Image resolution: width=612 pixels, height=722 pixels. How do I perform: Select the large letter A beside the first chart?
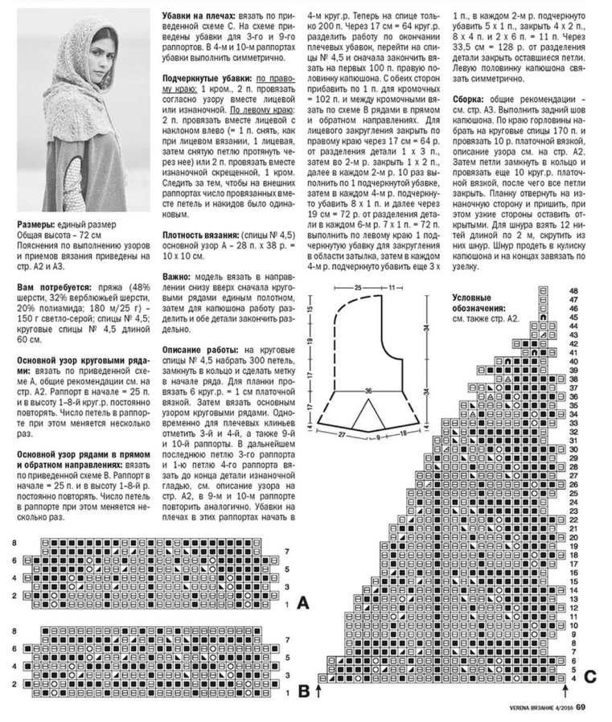(x=302, y=602)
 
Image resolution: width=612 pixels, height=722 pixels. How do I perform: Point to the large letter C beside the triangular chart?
(x=589, y=676)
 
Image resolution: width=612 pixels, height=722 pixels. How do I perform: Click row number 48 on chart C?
(x=573, y=290)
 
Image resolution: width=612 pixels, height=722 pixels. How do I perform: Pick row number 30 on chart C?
(x=573, y=450)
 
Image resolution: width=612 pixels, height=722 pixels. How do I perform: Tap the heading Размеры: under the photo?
(x=38, y=224)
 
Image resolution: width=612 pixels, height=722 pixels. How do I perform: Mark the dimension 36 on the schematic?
(x=368, y=391)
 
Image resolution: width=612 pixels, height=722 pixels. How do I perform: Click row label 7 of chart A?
(x=288, y=550)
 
